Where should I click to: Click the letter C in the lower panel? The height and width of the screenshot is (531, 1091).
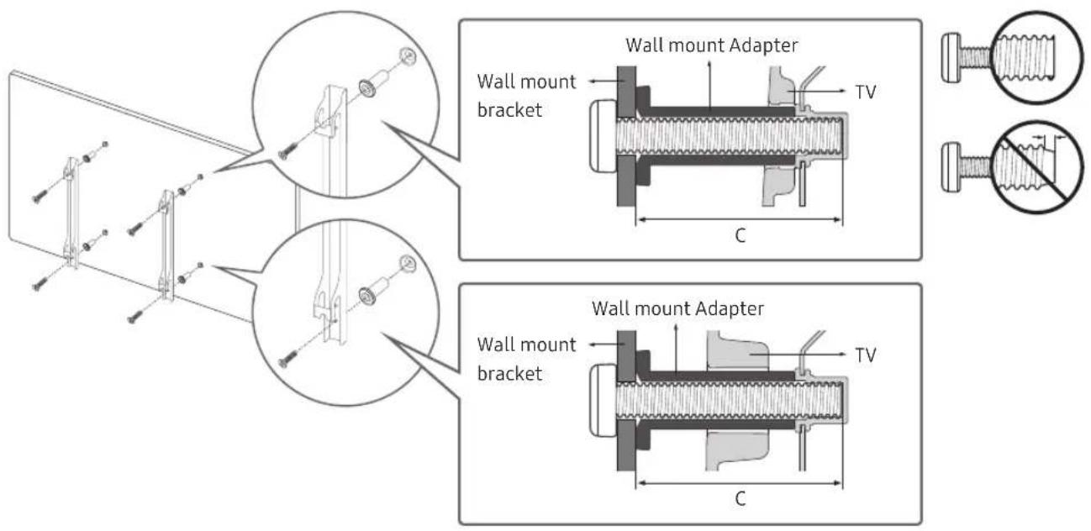click(740, 498)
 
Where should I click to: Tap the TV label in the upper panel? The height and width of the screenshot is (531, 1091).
click(865, 92)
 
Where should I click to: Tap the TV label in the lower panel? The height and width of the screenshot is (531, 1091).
click(865, 355)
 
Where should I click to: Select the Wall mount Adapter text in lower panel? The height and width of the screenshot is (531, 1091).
click(677, 308)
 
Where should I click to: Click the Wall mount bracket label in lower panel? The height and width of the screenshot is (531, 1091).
click(526, 359)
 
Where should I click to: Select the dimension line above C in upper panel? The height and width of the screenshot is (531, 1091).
click(740, 219)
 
